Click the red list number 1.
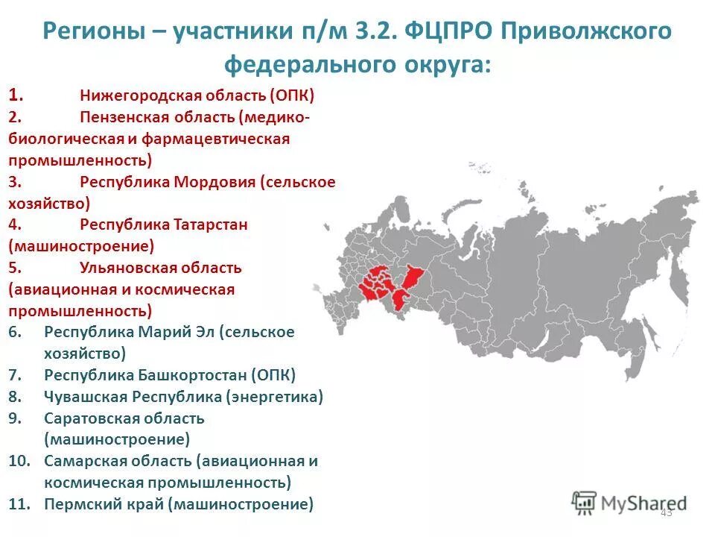pyautogui.click(x=16, y=95)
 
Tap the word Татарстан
pyautogui.click(x=211, y=224)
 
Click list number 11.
pyautogui.click(x=19, y=504)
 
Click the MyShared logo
pyautogui.click(x=629, y=502)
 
